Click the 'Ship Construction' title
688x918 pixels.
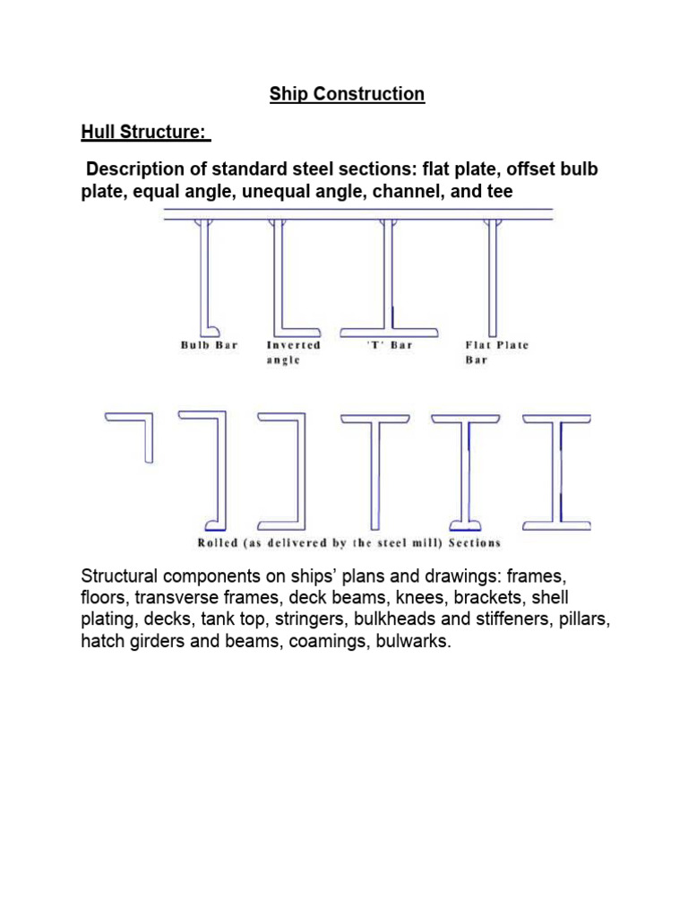click(x=347, y=94)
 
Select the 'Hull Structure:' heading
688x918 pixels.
click(x=143, y=134)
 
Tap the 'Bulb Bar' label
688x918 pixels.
click(x=210, y=345)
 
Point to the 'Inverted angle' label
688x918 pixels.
click(x=293, y=351)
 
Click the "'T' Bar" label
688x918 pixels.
click(x=391, y=345)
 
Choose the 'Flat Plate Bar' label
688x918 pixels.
click(x=497, y=351)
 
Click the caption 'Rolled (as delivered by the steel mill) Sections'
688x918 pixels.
click(x=348, y=542)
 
